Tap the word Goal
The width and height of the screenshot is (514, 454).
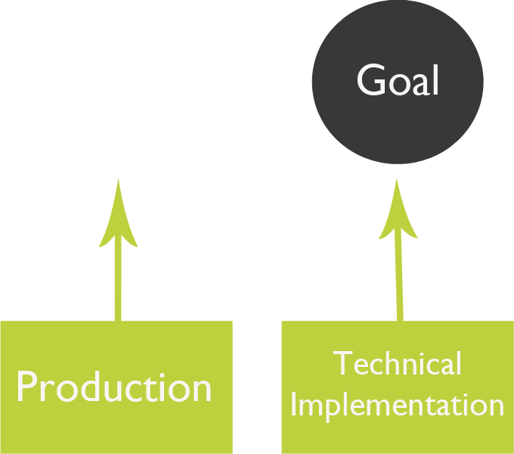(x=398, y=80)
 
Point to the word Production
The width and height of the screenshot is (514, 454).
(x=114, y=387)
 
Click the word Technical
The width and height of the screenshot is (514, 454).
(x=398, y=364)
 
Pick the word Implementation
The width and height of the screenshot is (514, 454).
(x=398, y=405)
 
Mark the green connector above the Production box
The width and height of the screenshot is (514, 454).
(x=118, y=248)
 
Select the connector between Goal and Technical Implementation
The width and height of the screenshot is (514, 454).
(x=398, y=248)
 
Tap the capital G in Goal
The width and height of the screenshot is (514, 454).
(x=371, y=80)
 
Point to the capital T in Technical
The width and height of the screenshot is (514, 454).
(x=342, y=364)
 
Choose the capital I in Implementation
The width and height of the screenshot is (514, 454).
(x=295, y=405)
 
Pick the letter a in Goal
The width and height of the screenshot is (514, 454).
(x=420, y=83)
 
